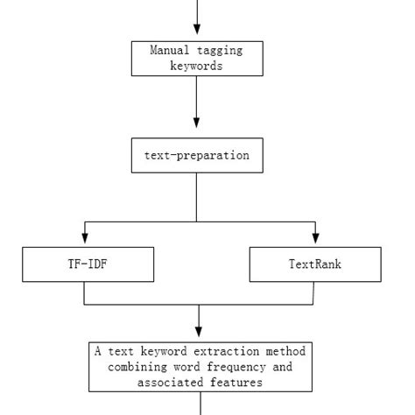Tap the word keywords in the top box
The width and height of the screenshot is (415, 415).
196,65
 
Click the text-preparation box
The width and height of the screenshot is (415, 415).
196,155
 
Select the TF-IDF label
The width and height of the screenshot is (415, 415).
88,264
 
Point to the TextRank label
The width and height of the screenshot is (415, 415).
314,264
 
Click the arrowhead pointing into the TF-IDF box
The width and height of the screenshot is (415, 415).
84,240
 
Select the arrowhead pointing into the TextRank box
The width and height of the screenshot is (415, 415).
315,240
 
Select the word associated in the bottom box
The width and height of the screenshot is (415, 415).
169,382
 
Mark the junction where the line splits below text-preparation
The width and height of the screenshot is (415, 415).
196,222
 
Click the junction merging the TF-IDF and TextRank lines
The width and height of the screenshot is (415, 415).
200,304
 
